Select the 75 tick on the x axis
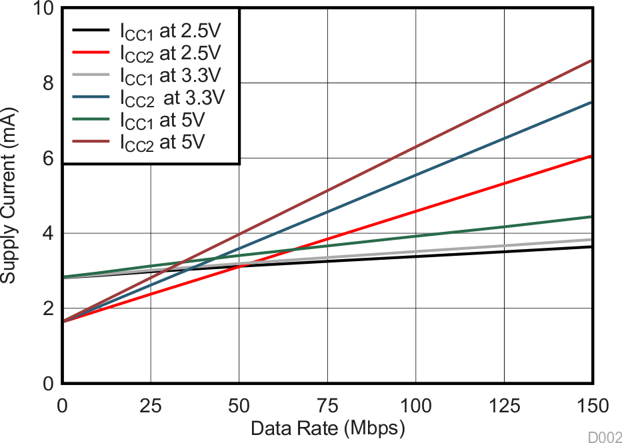(327, 404)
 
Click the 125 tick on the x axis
(504, 404)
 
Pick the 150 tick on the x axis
(591, 404)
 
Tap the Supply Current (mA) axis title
(9, 197)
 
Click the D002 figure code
(604, 436)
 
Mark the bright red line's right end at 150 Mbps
(591, 156)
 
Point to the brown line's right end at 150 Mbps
(591, 61)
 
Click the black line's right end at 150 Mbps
(591, 246)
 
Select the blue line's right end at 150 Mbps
(591, 102)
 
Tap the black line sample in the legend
(90, 31)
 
